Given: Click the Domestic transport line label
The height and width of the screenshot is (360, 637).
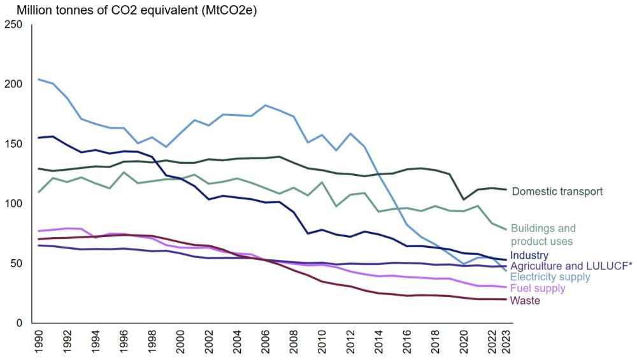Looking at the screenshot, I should point(557,191).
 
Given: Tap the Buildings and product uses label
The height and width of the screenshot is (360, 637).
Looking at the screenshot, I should point(543,234).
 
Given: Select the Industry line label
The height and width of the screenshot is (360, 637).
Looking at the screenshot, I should point(529,256).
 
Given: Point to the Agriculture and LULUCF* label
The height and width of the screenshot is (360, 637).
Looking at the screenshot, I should point(571,266).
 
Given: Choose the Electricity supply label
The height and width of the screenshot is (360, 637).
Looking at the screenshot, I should point(550,277).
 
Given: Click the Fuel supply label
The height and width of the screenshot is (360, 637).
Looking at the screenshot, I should point(538,289).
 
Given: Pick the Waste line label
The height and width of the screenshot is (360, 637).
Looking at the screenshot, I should point(526,300).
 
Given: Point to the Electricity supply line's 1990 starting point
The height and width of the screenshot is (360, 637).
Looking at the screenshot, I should point(38,79).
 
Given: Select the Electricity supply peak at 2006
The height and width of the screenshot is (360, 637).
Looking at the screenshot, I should point(266,105).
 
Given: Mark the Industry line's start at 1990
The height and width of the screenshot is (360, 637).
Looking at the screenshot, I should point(38,138).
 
